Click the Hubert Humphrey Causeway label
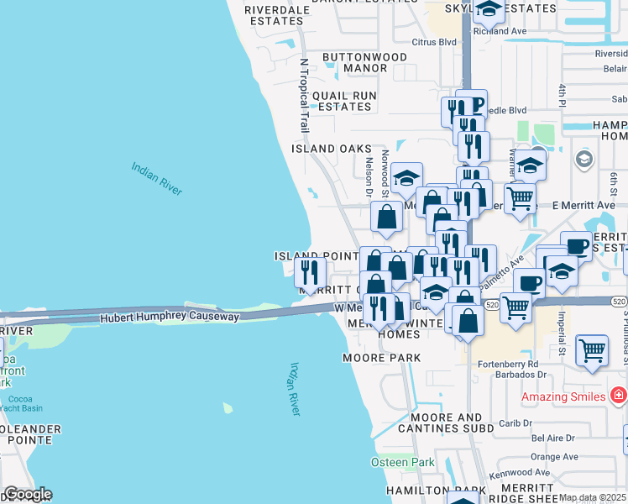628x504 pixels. (170, 318)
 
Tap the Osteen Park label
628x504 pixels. (403, 463)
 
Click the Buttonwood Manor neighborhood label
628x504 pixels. (365, 63)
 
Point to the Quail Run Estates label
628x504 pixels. (342, 102)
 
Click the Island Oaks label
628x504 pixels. (331, 149)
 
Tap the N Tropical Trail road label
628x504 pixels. (305, 95)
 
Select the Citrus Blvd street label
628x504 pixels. (434, 41)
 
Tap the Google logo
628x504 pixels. (27, 494)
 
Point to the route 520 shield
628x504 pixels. (619, 302)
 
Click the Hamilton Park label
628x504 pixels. (436, 490)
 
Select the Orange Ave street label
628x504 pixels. (555, 457)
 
